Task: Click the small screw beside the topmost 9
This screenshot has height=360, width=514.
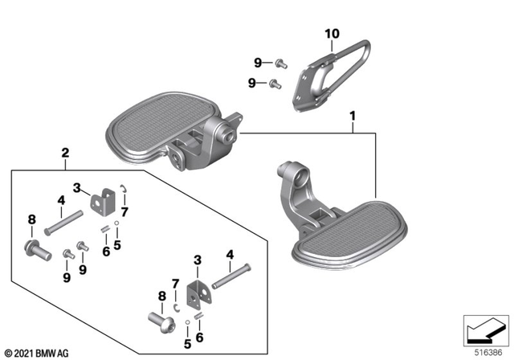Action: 277,61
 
